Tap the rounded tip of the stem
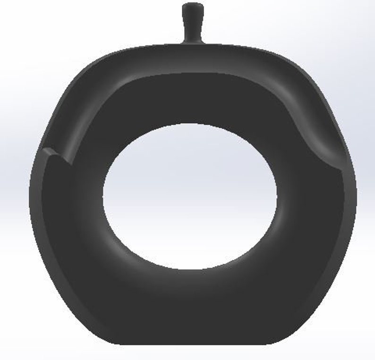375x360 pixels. pyautogui.click(x=193, y=8)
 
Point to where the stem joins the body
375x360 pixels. pyautogui.click(x=192, y=44)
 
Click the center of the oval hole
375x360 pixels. pyautogui.click(x=190, y=196)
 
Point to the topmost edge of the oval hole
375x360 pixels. pyautogui.click(x=189, y=125)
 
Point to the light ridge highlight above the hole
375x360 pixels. pyautogui.click(x=189, y=75)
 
